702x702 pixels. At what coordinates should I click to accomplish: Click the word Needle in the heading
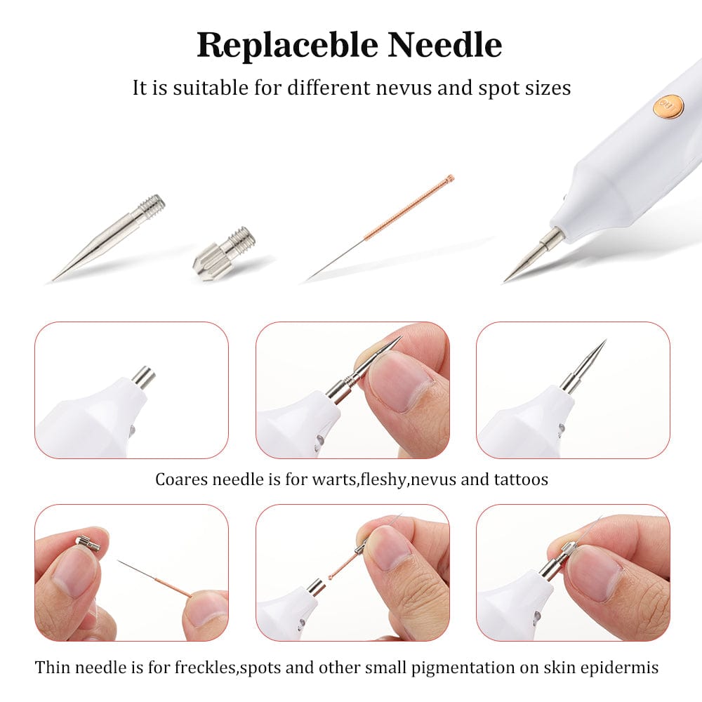coord(444,45)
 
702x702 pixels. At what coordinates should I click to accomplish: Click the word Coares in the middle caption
coord(181,479)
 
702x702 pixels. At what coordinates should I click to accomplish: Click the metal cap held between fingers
coord(88,543)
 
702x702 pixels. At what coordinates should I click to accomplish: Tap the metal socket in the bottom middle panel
coord(316,588)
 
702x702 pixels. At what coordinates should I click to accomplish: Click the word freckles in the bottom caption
coord(205,668)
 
